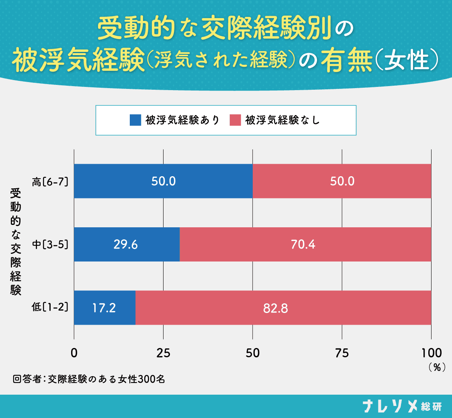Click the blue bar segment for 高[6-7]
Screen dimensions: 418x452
pos(121,181)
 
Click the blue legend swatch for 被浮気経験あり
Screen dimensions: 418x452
pos(135,120)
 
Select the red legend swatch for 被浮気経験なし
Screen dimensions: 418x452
pos(235,120)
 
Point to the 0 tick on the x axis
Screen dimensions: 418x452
pos(74,353)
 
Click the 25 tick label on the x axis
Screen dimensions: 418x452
pos(163,353)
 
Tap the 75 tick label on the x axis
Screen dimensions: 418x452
pos(342,353)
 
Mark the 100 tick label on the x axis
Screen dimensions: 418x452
pos(431,353)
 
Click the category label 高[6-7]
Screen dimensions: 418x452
pos(50,181)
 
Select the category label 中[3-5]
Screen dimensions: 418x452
pos(50,245)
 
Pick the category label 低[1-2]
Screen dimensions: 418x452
pos(50,308)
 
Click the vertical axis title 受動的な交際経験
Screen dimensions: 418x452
pos(16,242)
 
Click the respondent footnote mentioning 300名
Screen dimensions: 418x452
pos(89,379)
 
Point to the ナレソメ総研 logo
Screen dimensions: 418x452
pos(401,406)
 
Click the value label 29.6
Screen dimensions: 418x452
pos(126,245)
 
